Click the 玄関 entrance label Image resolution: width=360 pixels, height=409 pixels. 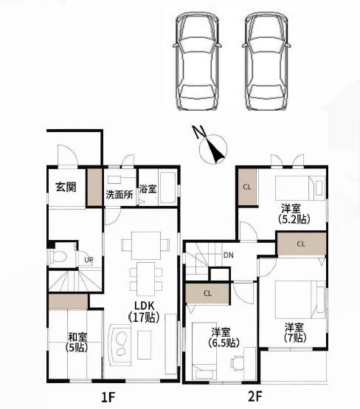click(x=66, y=187)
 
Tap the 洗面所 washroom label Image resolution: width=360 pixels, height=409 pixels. click(x=120, y=195)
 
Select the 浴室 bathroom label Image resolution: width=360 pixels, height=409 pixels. click(x=148, y=189)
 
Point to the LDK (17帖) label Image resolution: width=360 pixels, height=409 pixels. click(x=144, y=312)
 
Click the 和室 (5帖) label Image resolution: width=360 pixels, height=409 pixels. click(x=77, y=342)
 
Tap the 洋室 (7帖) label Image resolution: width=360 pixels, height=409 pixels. click(x=294, y=332)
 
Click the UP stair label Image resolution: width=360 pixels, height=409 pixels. click(x=89, y=260)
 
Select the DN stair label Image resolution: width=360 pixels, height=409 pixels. click(x=229, y=255)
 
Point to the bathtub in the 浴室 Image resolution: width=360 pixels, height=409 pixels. click(x=167, y=187)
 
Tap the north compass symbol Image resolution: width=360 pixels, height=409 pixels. click(x=212, y=147)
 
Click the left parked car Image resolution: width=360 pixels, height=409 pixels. click(x=197, y=61)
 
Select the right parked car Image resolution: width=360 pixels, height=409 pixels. click(x=266, y=61)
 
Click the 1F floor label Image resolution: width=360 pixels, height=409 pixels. click(x=108, y=396)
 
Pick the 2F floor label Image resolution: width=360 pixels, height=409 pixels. click(x=255, y=396)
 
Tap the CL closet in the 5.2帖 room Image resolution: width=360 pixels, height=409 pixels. click(x=247, y=187)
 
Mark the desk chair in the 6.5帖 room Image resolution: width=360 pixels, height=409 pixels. click(x=237, y=362)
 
